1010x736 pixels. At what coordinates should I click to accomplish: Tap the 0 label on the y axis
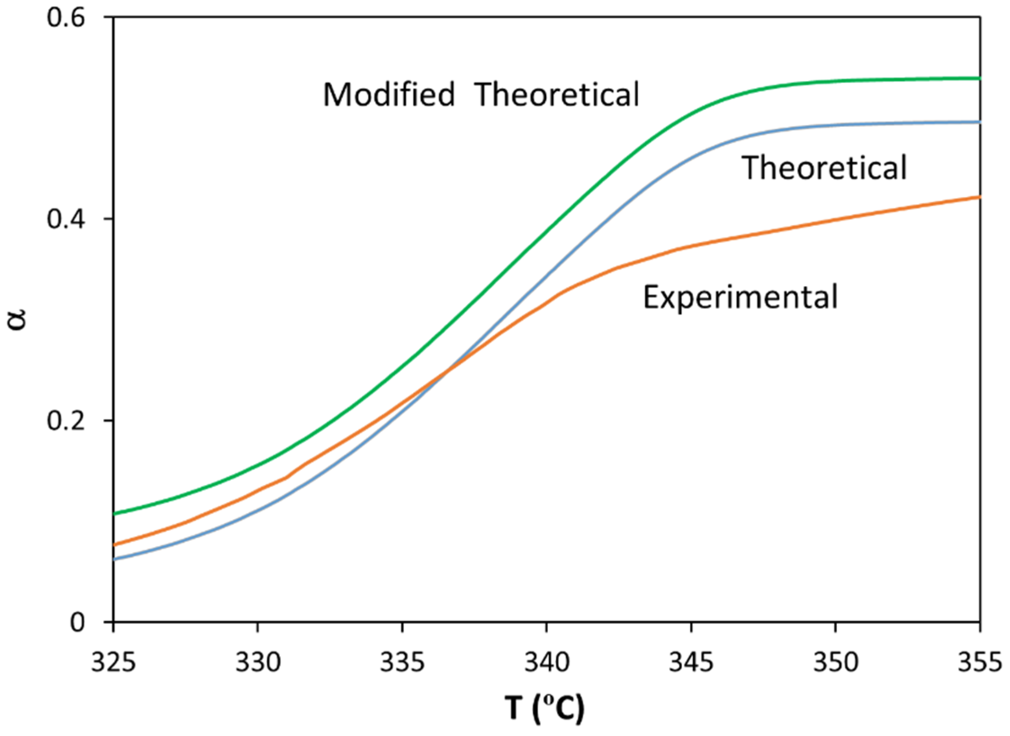point(78,623)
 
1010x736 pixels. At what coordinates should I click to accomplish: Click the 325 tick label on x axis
point(113,664)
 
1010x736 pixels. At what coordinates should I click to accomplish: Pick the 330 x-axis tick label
point(258,664)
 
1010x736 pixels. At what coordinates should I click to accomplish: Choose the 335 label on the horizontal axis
point(402,664)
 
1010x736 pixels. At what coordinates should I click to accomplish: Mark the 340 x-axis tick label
point(547,664)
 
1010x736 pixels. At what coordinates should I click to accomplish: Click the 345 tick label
point(691,664)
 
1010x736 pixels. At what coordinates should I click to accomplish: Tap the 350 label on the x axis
point(836,664)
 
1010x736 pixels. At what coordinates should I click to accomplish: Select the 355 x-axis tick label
point(980,664)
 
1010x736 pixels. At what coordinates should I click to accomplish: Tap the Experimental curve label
point(741,297)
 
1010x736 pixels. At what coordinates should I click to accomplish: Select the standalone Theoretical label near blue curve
point(824,168)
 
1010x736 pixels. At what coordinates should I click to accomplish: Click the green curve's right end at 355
point(979,79)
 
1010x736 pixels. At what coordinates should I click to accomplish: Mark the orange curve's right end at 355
point(979,197)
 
